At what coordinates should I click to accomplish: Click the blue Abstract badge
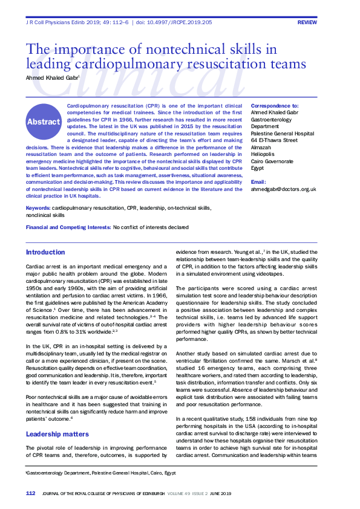pyautogui.click(x=44, y=122)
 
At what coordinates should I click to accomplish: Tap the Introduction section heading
pyautogui.click(x=45, y=252)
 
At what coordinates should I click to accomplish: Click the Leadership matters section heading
pyautogui.click(x=57, y=434)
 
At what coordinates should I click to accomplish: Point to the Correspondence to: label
pyautogui.click(x=274, y=105)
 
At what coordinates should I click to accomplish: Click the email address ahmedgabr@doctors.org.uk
pyautogui.click(x=283, y=189)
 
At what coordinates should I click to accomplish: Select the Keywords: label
pyautogui.click(x=38, y=208)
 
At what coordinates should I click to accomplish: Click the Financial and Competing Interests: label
pyautogui.click(x=68, y=227)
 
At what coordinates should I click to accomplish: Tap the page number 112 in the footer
pyautogui.click(x=30, y=493)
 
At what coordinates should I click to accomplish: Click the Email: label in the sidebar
pyautogui.click(x=258, y=182)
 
